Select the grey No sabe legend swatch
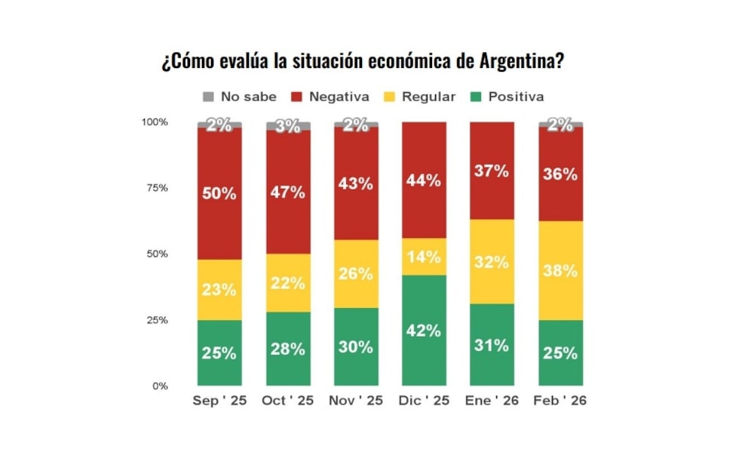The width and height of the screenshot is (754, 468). tap(208, 97)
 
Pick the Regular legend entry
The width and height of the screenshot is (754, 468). tap(428, 97)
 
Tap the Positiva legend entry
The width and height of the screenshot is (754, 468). tap(516, 97)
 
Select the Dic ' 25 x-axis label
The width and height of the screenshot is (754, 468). tap(424, 401)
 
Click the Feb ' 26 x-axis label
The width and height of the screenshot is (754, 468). tap(560, 401)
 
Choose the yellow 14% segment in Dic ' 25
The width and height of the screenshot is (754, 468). tap(424, 257)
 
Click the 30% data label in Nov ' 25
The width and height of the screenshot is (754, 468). tap(356, 347)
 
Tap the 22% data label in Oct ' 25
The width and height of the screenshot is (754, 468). tap(287, 284)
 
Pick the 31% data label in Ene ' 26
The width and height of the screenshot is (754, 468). tap(492, 345)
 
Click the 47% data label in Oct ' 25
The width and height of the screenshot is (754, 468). tap(287, 192)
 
